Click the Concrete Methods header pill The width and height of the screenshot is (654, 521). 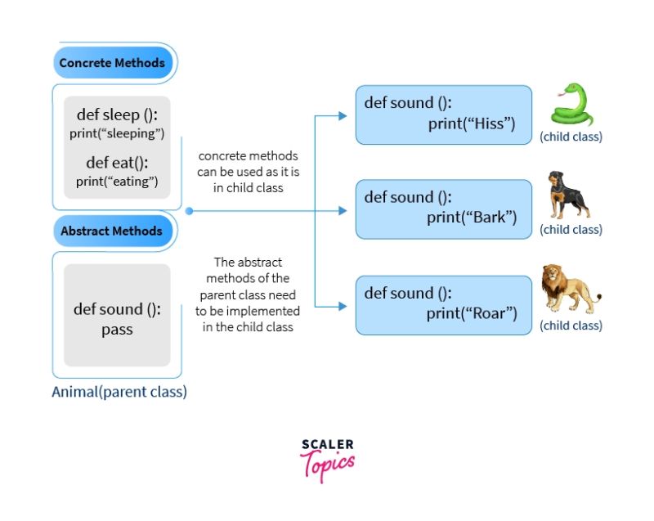[x=112, y=63]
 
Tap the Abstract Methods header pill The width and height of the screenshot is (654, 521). [x=112, y=231]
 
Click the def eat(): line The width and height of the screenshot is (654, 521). [x=117, y=163]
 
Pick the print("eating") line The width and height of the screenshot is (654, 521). [x=117, y=181]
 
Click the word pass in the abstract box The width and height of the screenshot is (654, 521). [x=117, y=330]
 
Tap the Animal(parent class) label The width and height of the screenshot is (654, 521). [x=119, y=392]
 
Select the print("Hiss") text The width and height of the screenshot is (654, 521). [x=471, y=124]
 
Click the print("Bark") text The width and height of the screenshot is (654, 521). [x=472, y=218]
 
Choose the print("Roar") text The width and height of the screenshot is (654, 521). [x=472, y=313]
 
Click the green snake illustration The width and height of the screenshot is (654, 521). [x=571, y=103]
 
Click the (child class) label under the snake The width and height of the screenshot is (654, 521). [x=571, y=137]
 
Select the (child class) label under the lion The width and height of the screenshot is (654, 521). [x=571, y=326]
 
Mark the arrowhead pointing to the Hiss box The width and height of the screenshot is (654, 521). [x=343, y=116]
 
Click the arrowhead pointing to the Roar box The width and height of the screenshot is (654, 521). [x=343, y=308]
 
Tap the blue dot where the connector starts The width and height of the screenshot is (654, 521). [x=189, y=211]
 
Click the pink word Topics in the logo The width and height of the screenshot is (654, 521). [x=329, y=465]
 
